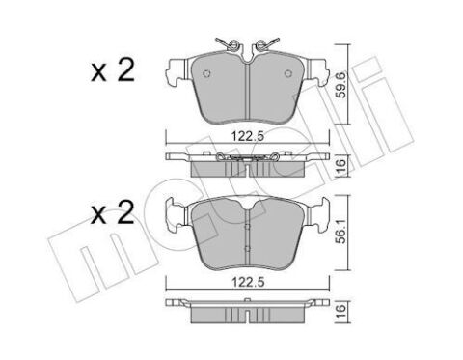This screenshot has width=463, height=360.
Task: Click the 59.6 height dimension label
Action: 340,85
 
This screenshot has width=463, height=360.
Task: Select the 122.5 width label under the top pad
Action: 248,136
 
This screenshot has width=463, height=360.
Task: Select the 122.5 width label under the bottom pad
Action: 248,282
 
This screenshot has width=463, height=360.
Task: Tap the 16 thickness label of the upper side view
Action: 340,165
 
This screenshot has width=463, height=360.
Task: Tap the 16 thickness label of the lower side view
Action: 340,312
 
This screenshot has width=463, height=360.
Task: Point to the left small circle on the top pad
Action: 206,73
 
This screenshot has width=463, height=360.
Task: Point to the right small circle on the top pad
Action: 288,73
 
